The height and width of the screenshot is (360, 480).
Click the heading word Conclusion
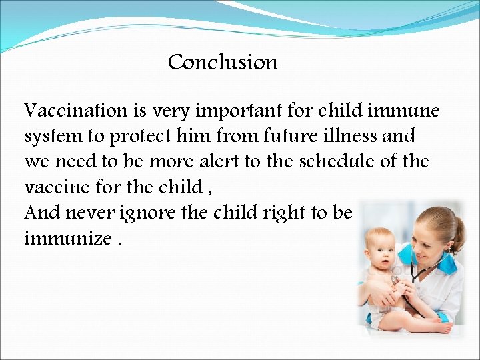pos(223,63)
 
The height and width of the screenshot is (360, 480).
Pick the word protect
pos(139,137)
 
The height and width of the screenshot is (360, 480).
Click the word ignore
pos(157,214)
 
